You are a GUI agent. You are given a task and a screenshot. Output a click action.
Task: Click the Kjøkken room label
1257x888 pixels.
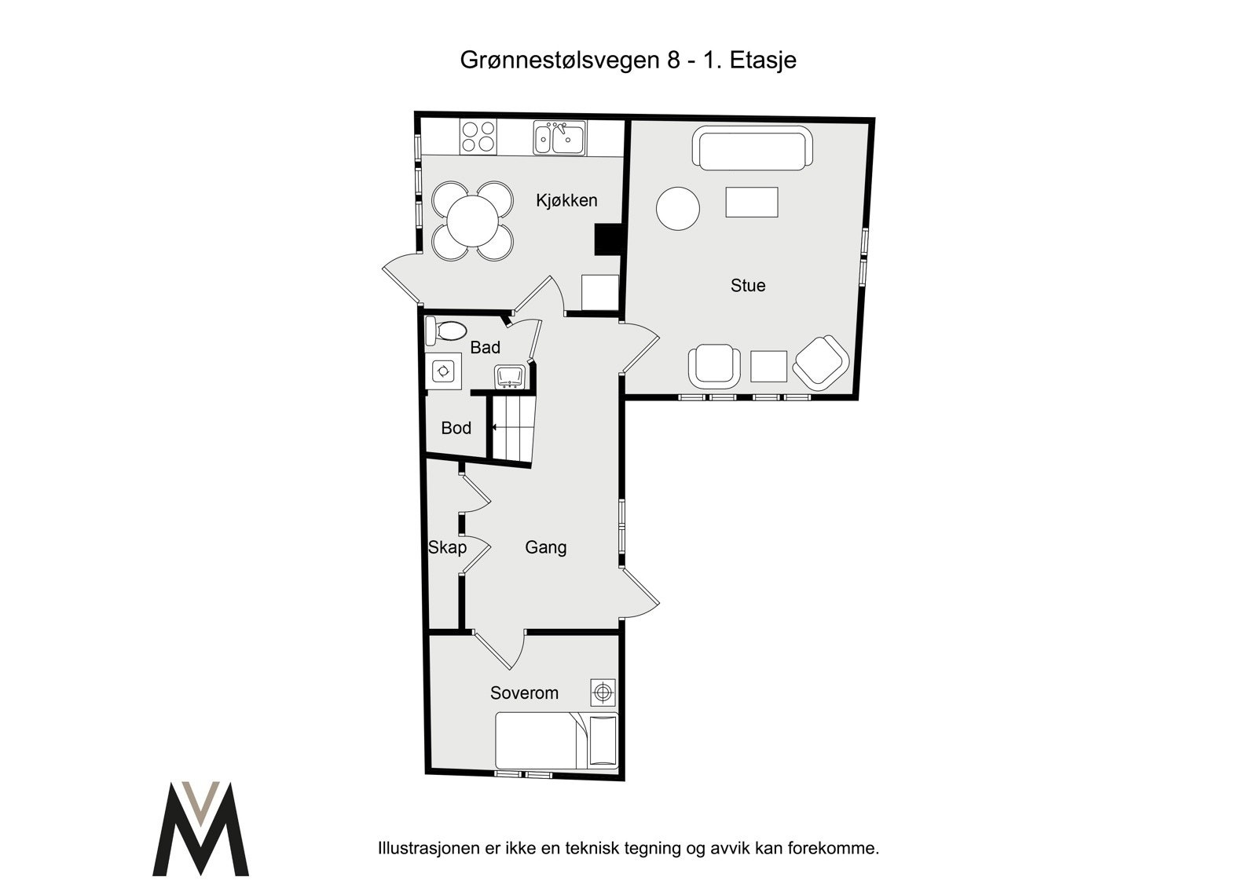pyautogui.click(x=566, y=200)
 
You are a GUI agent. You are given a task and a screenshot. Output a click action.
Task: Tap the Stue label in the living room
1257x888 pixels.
pyautogui.click(x=747, y=286)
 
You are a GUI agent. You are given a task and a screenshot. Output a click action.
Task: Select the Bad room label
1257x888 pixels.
pyautogui.click(x=485, y=347)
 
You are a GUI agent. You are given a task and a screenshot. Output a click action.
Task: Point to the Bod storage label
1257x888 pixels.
pyautogui.click(x=456, y=428)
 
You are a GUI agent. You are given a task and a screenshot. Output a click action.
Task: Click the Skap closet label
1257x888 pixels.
pyautogui.click(x=447, y=547)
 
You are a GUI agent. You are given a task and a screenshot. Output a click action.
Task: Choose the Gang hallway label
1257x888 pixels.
pyautogui.click(x=545, y=547)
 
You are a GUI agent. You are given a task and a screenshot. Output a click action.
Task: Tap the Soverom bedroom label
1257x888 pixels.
pyautogui.click(x=524, y=692)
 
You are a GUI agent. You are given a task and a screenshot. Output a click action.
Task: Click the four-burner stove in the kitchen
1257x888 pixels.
pyautogui.click(x=478, y=137)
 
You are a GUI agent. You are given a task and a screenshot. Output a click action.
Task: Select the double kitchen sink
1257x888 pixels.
pyautogui.click(x=559, y=138)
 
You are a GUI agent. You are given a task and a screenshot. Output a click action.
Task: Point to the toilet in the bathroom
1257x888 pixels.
pyautogui.click(x=445, y=331)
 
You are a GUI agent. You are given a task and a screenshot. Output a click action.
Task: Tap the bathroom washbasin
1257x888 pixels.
pyautogui.click(x=508, y=377)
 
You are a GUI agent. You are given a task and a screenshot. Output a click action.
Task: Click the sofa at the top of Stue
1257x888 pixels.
pyautogui.click(x=752, y=150)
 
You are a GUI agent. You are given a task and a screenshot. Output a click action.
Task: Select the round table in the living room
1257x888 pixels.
pyautogui.click(x=677, y=209)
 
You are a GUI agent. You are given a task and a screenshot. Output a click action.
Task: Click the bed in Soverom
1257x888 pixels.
pyautogui.click(x=555, y=740)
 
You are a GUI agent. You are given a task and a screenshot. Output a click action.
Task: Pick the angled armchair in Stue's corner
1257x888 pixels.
pyautogui.click(x=821, y=363)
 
